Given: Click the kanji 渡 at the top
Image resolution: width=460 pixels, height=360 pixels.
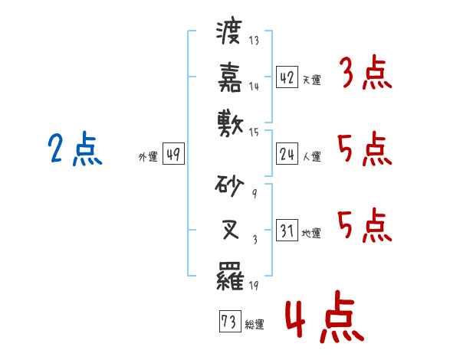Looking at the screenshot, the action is click(x=229, y=32).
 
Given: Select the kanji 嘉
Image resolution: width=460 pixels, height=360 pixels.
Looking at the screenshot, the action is click(x=230, y=77).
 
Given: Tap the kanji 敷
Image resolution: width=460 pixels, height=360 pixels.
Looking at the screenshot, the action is click(x=230, y=123).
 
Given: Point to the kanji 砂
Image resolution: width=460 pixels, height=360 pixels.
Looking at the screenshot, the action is click(x=229, y=185).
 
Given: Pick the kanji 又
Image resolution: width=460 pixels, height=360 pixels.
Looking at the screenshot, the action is click(x=230, y=230).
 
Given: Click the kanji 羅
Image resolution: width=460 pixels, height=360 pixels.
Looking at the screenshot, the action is click(x=230, y=276).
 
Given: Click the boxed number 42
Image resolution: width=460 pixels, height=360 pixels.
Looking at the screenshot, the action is click(x=287, y=77).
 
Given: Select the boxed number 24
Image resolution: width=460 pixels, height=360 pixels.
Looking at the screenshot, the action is click(x=287, y=153).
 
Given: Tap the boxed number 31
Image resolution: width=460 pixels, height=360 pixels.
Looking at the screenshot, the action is click(x=287, y=230).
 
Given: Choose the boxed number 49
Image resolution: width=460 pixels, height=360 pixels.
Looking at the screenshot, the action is click(x=173, y=153).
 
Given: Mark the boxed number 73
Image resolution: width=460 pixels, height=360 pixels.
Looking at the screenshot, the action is click(x=230, y=321).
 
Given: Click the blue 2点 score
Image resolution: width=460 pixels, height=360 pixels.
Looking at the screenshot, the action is click(x=75, y=148).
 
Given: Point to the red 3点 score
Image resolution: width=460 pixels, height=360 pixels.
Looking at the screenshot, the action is click(x=366, y=72).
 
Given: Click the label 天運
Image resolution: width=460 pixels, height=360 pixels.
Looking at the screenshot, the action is click(x=312, y=80).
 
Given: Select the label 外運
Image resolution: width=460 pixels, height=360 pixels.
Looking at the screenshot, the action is click(x=148, y=157).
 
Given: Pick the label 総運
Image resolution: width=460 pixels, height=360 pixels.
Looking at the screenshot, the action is click(x=255, y=324).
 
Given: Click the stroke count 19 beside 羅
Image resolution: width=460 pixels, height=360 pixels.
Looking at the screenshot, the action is click(x=254, y=285).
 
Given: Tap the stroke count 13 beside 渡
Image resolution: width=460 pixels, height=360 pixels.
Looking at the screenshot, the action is click(x=254, y=40).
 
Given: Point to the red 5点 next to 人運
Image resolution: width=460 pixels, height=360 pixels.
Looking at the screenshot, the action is click(x=365, y=149).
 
